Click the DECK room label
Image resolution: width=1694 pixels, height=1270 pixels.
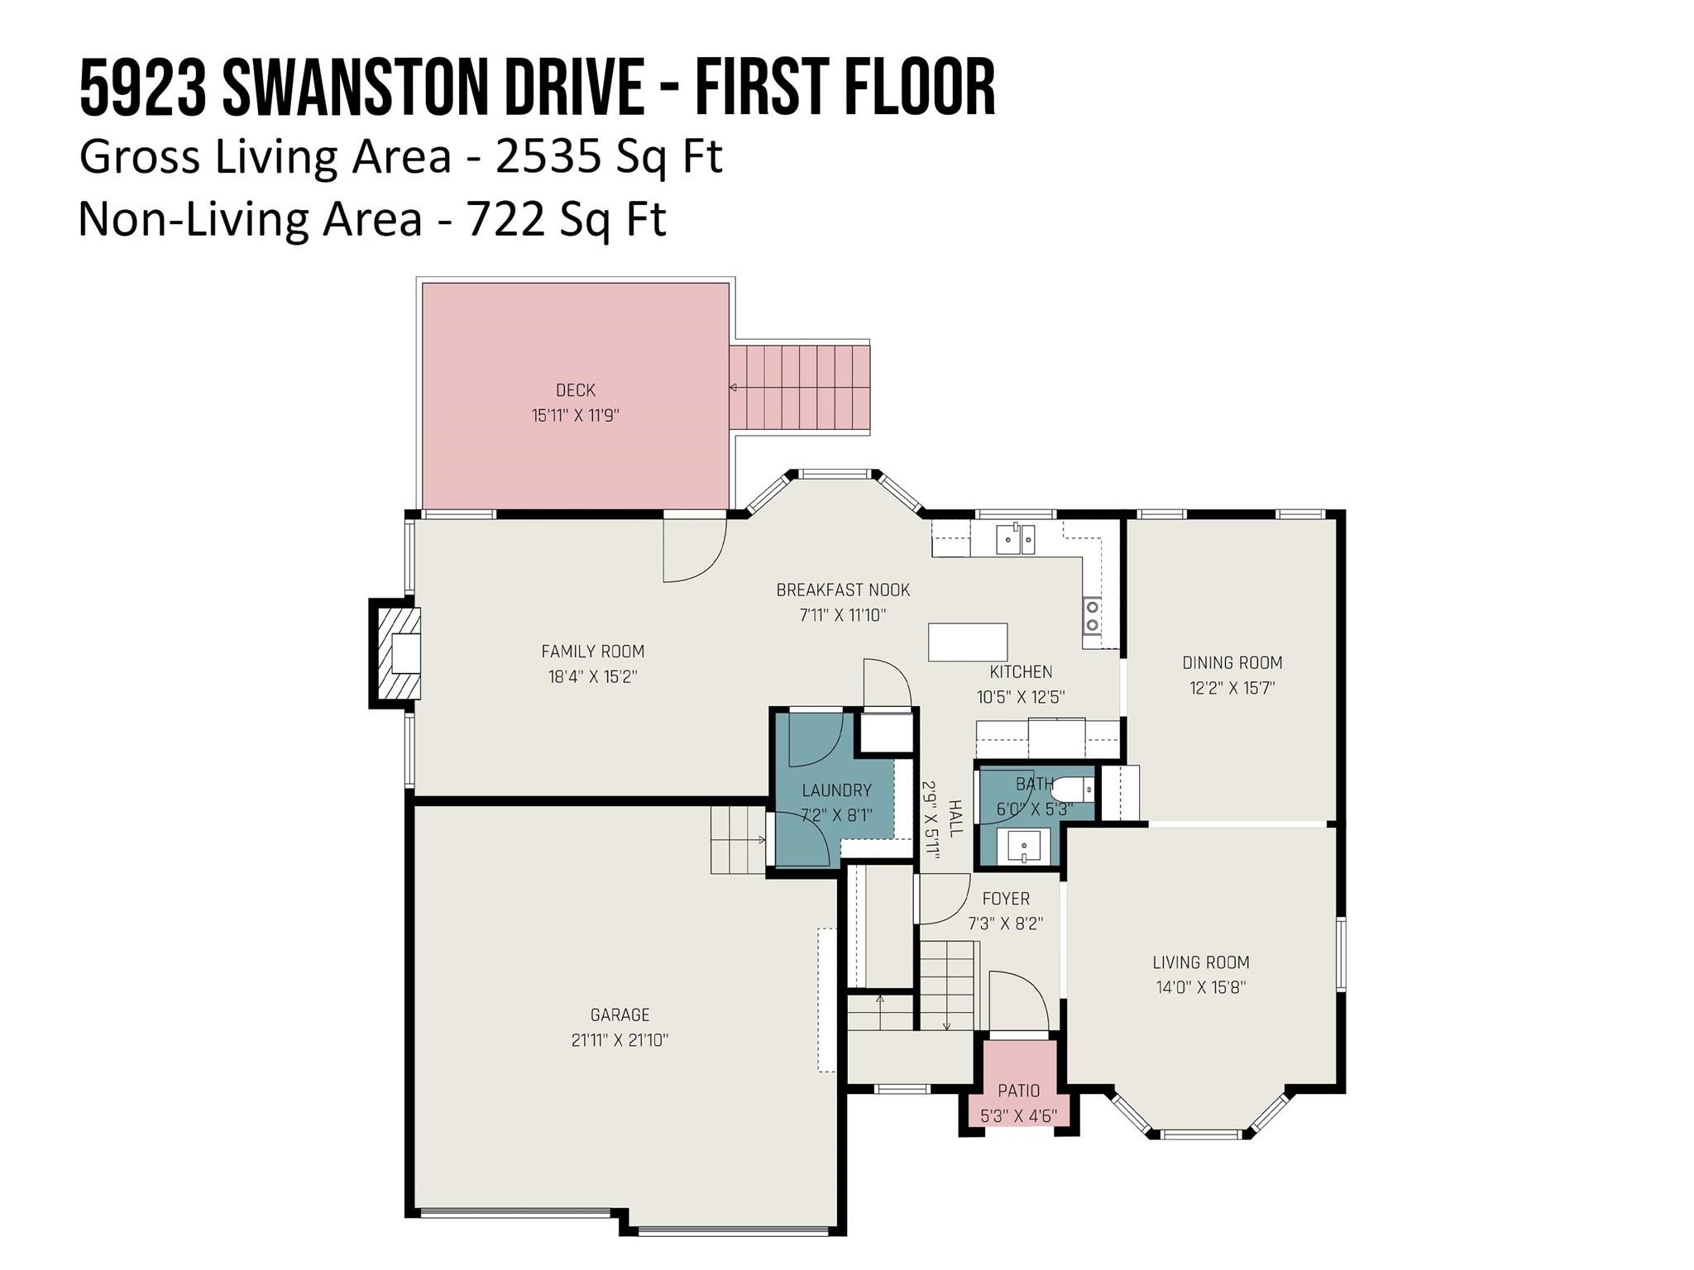point(575,390)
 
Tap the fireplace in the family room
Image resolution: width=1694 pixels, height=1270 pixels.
point(395,654)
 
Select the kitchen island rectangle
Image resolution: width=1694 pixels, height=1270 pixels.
point(968,642)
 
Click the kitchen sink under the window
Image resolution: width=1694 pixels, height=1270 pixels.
point(1016,539)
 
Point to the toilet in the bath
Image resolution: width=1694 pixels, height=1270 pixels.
point(1074,790)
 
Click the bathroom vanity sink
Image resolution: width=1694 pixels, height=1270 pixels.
point(1023,846)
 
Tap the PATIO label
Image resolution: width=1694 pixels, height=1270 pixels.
point(1019,1091)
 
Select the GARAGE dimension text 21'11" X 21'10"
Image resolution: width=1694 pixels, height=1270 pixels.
point(620,1040)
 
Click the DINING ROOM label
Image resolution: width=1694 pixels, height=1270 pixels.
point(1232,662)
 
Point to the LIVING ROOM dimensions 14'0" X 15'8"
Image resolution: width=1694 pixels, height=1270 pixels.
point(1201,987)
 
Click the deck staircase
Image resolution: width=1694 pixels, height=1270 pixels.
point(800,388)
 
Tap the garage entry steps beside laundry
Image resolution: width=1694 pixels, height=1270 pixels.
point(738,840)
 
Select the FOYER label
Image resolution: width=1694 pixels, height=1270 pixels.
point(1006,899)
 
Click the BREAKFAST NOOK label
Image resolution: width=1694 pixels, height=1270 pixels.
point(843,590)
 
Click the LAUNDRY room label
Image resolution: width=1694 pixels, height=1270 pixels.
point(836,790)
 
